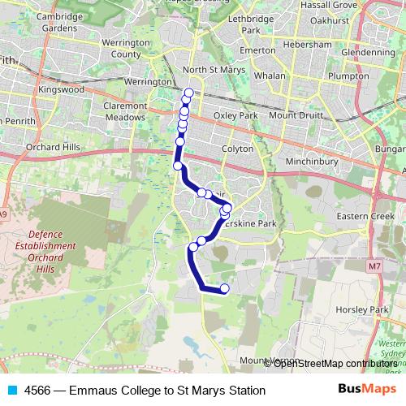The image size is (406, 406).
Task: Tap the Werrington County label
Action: pos(126,48)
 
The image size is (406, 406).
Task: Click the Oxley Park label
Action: pos(235,115)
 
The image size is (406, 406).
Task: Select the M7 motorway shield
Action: pos(374,266)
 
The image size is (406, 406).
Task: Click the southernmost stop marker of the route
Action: pos(225,288)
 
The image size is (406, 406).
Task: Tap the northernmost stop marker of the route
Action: pos(189,92)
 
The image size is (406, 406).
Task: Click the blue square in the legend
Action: pos(11,391)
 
